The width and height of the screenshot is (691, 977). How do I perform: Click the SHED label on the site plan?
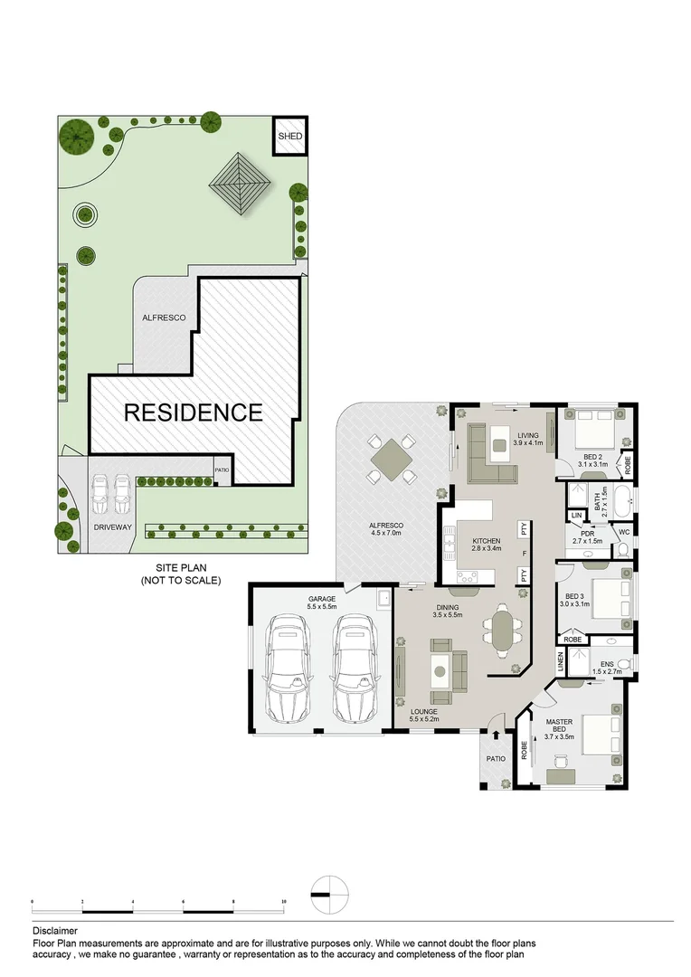289,137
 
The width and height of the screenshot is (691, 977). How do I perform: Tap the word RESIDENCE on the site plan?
193,413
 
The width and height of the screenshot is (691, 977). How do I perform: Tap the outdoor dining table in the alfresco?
391,460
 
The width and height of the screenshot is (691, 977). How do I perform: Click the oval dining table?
501,630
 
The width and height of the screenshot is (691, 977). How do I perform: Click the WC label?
622,533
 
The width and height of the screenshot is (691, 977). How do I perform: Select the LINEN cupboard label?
561,663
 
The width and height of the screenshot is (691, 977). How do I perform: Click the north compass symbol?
327,894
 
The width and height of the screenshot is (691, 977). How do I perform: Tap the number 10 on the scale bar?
284,902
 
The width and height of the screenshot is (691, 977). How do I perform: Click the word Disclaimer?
54,930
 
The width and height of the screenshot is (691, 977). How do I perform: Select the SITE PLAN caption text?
180,567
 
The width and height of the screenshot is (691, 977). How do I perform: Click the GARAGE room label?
321,599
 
